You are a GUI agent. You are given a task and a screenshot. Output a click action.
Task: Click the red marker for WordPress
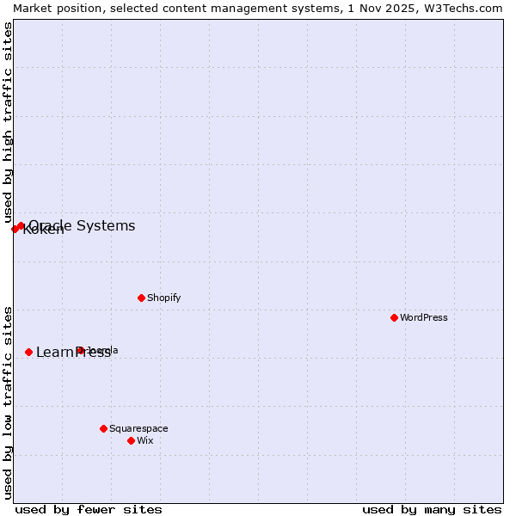394,317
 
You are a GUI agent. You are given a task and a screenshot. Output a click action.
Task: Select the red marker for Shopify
141,298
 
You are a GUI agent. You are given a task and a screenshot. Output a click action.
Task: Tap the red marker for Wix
131,440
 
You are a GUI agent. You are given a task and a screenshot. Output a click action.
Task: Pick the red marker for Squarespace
103,428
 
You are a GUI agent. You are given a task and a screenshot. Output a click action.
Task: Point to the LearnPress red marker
28,352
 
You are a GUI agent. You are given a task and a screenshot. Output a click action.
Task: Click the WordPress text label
424,317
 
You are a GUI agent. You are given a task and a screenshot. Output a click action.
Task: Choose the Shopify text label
163,298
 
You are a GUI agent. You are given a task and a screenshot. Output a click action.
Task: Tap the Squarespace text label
138,428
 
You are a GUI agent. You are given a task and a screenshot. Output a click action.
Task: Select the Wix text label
144,440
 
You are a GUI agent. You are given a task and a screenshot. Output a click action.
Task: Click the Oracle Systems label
82,225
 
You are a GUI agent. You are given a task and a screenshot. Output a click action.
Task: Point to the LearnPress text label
73,352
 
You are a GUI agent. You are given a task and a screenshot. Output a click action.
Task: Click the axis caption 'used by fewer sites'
89,509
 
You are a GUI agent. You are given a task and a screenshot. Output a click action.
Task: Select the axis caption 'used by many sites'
432,509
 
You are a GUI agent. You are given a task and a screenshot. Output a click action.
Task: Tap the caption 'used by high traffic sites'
8,122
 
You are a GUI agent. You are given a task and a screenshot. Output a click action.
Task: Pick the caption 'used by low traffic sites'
8,402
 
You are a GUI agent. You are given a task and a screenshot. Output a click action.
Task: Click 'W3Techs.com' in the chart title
468,8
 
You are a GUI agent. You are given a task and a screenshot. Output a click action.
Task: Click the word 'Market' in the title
33,8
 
